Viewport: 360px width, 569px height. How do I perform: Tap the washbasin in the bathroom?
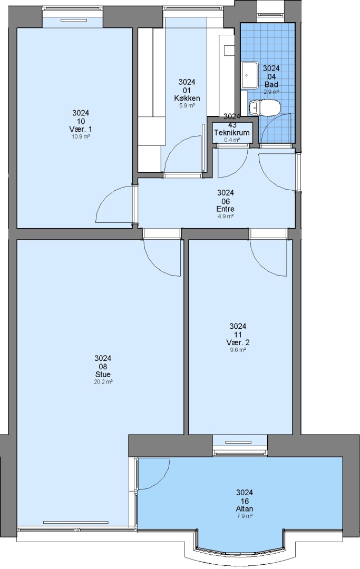coord(249,75)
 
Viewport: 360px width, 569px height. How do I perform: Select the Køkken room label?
coord(187,99)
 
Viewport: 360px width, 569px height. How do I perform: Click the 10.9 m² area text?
coord(81,137)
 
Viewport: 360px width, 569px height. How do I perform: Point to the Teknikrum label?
coord(231,133)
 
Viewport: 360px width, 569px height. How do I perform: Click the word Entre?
coord(226,209)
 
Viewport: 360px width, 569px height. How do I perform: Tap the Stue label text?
coord(103,375)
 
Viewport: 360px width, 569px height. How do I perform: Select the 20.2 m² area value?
coord(103,382)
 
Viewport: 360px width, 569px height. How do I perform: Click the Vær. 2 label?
coord(238,342)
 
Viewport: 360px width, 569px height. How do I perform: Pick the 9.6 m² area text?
coord(238,350)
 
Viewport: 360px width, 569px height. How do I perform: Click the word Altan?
coord(244,509)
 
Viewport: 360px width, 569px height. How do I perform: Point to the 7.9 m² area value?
coord(244,516)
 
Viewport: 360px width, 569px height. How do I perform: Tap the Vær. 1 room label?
coord(81,129)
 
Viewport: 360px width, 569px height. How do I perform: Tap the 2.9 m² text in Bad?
coord(271,92)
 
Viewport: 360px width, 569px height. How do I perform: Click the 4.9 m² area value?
coord(226,217)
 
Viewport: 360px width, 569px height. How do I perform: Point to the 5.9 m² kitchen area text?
coord(187,106)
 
